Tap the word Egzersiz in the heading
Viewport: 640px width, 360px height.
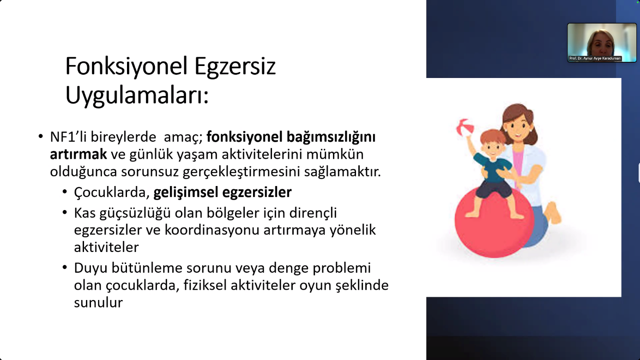coord(235,67)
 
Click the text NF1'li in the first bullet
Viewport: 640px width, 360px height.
coord(68,137)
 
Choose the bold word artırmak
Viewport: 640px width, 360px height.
coord(78,155)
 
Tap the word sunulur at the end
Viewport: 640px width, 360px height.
coord(98,303)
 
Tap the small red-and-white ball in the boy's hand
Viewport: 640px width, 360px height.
coord(465,127)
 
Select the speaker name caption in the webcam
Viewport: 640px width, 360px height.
coord(595,58)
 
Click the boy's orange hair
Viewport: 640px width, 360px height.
coord(493,137)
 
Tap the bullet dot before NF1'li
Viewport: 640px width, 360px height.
coord(41,137)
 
